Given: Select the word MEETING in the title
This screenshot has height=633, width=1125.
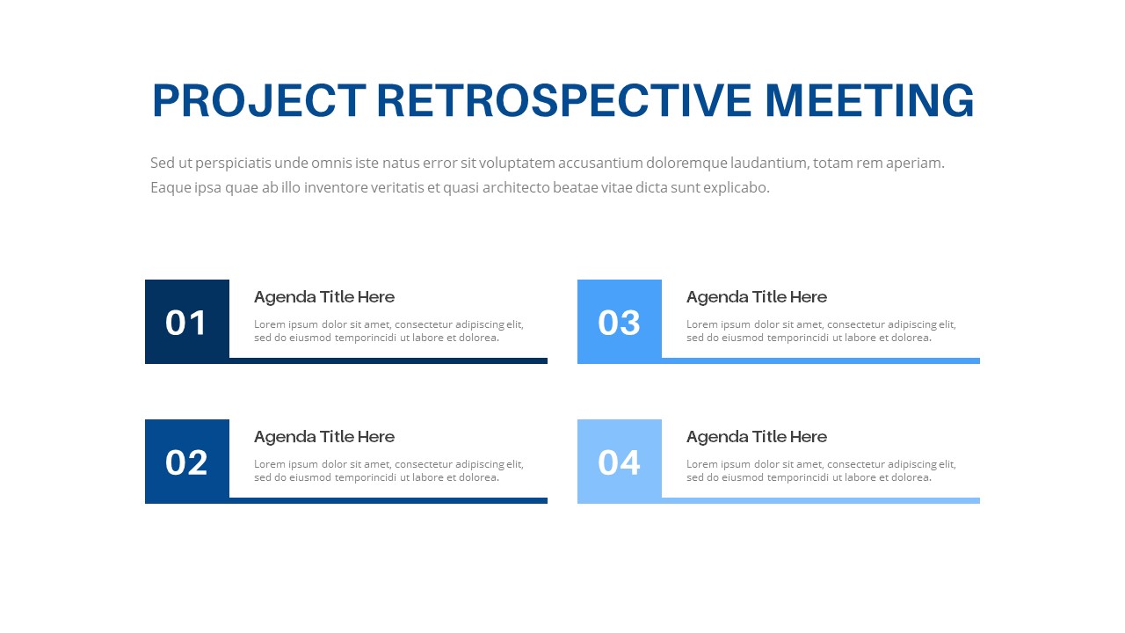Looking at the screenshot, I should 869,100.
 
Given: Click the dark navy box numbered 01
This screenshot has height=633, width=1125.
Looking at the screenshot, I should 186,322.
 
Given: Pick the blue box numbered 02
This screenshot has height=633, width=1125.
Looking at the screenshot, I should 186,462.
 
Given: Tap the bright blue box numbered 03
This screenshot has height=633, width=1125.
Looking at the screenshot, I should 619,322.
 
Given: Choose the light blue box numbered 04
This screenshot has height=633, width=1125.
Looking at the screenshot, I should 619,462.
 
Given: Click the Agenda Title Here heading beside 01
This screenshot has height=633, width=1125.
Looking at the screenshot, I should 324,297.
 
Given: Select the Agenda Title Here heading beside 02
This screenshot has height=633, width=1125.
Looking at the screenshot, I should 324,437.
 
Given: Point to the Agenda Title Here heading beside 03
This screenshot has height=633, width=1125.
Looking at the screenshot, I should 757,297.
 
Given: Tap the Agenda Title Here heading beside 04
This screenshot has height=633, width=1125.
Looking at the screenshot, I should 757,437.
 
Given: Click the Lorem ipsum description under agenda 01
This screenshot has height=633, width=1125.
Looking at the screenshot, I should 388,331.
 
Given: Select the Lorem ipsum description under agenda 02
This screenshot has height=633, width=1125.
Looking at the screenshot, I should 388,470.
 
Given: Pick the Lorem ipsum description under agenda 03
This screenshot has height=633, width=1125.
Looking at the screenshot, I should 821,331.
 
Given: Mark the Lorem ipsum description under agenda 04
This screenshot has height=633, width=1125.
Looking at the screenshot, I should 821,470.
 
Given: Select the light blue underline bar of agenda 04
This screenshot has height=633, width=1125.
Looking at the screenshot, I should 821,500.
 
